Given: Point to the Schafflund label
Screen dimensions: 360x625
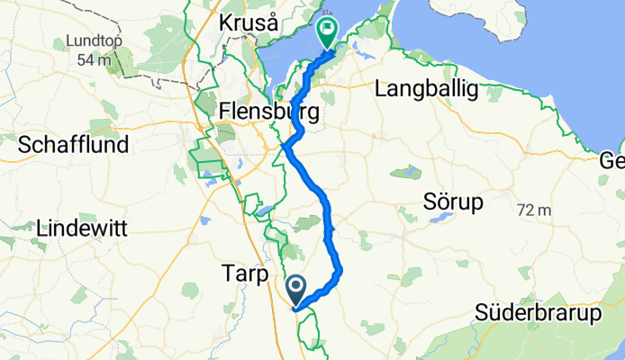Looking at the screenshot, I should [x=73, y=144].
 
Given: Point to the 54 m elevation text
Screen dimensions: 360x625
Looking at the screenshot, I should [x=93, y=59].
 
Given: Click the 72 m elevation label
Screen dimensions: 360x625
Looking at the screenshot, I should [x=534, y=210].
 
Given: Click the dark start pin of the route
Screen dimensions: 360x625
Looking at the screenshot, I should [x=296, y=289].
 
